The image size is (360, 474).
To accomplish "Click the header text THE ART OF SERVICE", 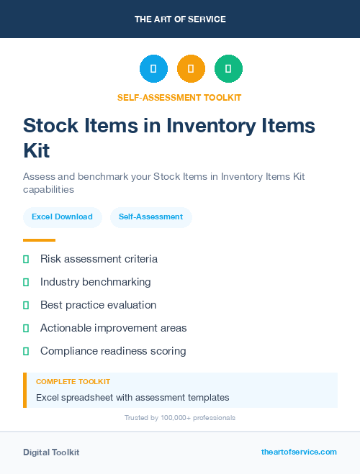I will tap(180, 19).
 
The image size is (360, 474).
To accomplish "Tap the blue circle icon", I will tap(153, 69).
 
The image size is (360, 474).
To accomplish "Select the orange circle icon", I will tap(191, 69).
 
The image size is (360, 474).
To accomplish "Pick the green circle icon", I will tap(228, 69).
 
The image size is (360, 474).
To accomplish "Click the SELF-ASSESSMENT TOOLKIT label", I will tap(180, 97).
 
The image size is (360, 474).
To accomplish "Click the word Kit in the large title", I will tap(37, 151).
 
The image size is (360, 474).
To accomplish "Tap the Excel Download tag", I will tap(62, 217).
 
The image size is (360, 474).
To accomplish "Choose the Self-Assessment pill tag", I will tap(150, 217).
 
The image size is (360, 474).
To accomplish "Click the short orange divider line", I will tap(39, 240).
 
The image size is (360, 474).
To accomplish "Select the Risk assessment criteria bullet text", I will tap(99, 259).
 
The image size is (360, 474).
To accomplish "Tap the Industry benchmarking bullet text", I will tap(96, 282).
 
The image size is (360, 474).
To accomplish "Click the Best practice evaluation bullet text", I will tap(98, 305).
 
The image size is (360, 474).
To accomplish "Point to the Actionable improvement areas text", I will tap(113, 328).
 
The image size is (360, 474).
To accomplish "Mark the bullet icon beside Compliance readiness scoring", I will tap(26, 351).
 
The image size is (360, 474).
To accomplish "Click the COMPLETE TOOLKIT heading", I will tap(73, 382).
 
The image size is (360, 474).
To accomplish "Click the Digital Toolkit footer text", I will tap(51, 452).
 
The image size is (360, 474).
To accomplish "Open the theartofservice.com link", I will tap(299, 452).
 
